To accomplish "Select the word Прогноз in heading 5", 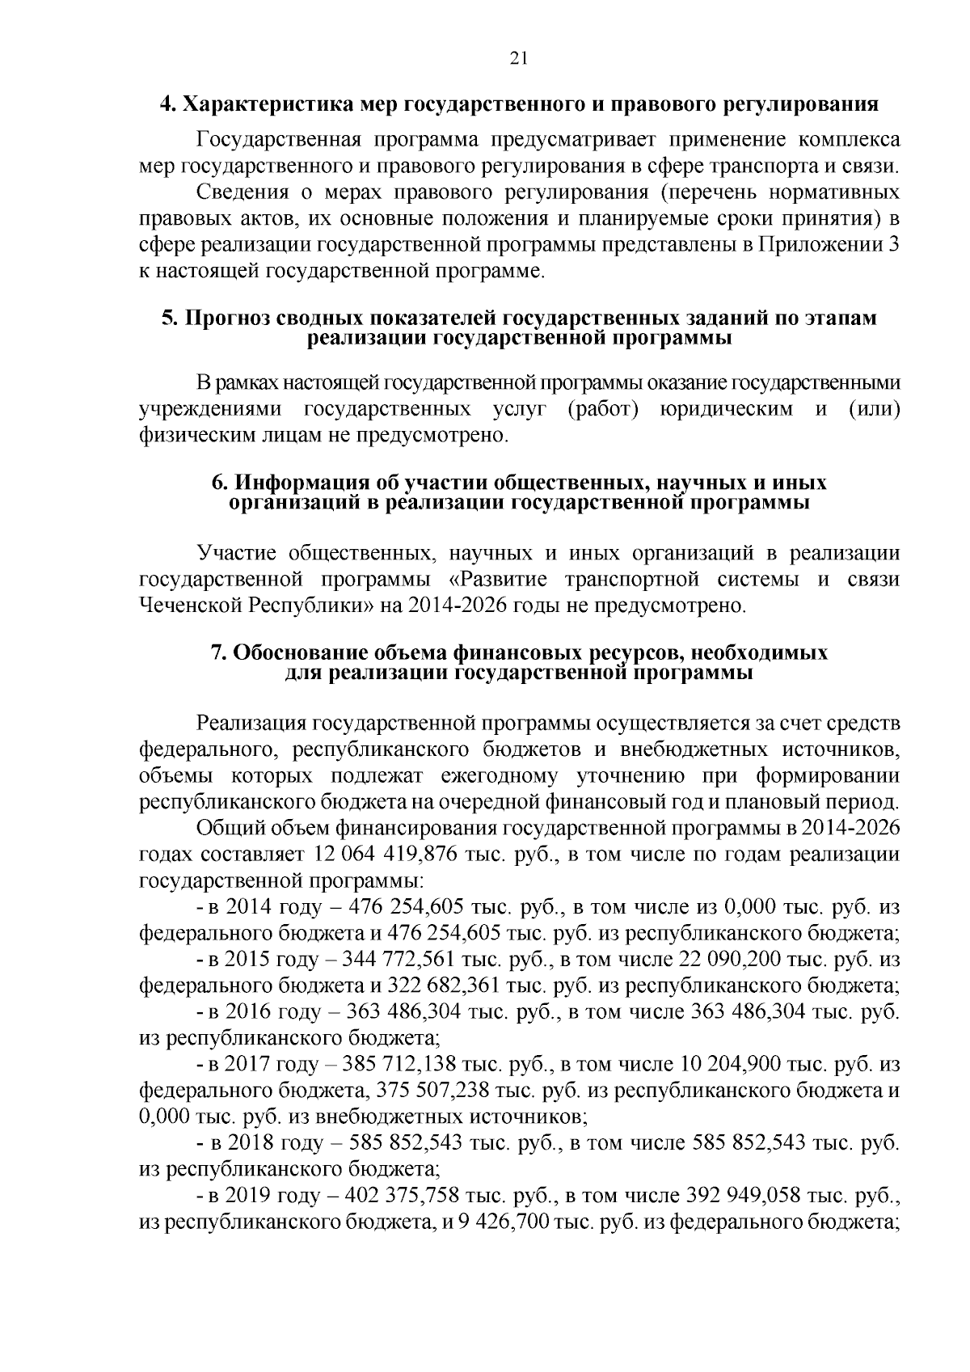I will pyautogui.click(x=223, y=319).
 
